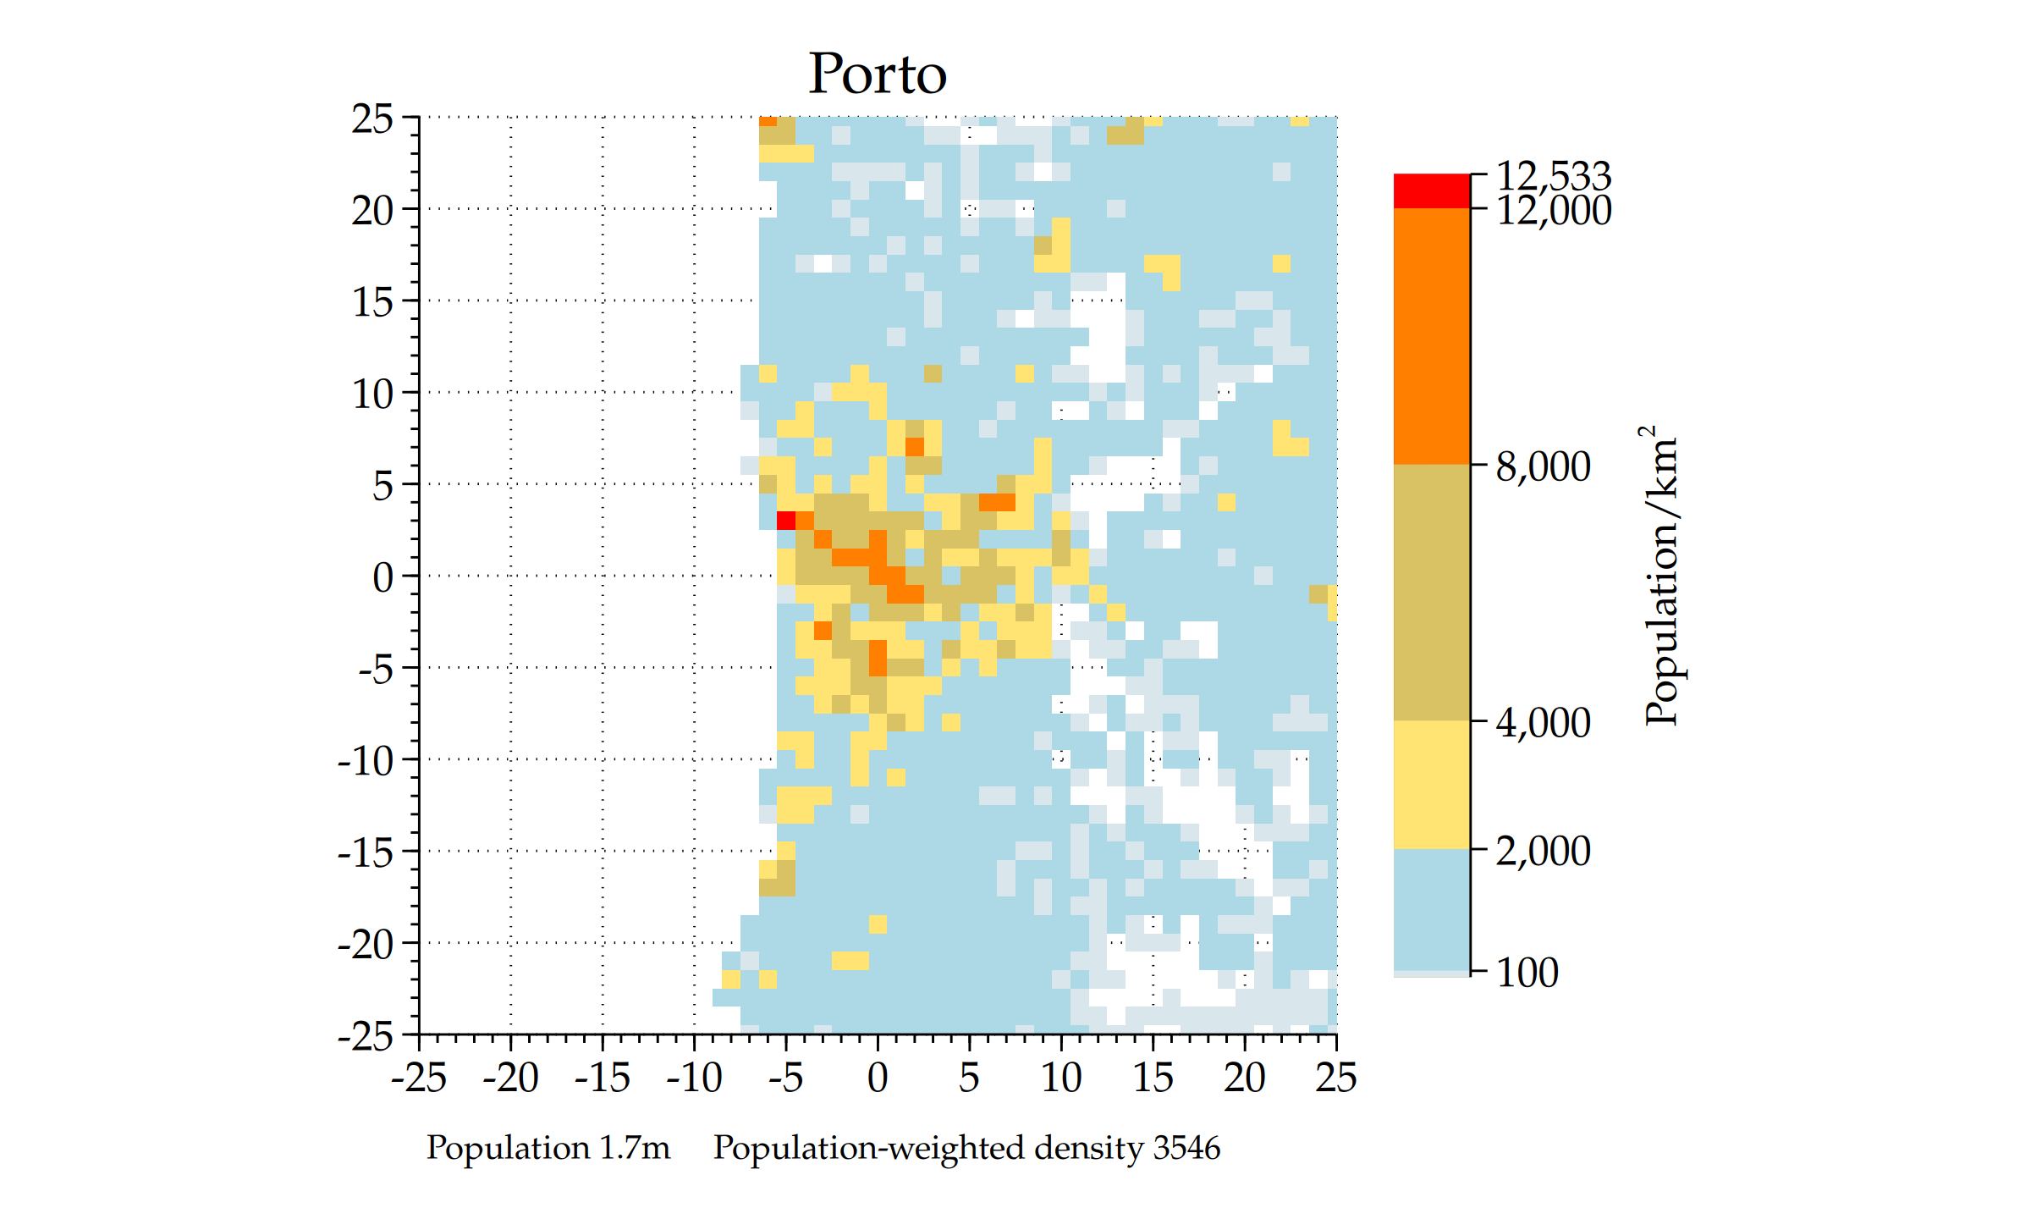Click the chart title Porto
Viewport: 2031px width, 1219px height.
[877, 74]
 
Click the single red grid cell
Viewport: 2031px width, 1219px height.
[785, 520]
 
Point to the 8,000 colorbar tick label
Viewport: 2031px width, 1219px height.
[1543, 466]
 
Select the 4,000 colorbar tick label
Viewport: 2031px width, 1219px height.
[1543, 723]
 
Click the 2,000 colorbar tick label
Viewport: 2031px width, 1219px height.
[1543, 851]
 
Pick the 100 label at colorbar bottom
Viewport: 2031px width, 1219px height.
[1527, 973]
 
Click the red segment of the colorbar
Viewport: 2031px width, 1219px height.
[1431, 190]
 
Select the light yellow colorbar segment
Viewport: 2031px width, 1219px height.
[1431, 785]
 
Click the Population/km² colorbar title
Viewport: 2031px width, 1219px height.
[1660, 576]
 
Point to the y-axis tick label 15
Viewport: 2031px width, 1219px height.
[372, 302]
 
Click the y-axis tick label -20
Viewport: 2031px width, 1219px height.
[366, 944]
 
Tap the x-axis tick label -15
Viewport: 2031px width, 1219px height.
[602, 1078]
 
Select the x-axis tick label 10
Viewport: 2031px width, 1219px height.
[1060, 1078]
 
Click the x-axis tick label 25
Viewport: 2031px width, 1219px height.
[1335, 1078]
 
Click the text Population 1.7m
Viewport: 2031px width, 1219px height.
[548, 1148]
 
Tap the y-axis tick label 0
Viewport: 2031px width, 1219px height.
[383, 577]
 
